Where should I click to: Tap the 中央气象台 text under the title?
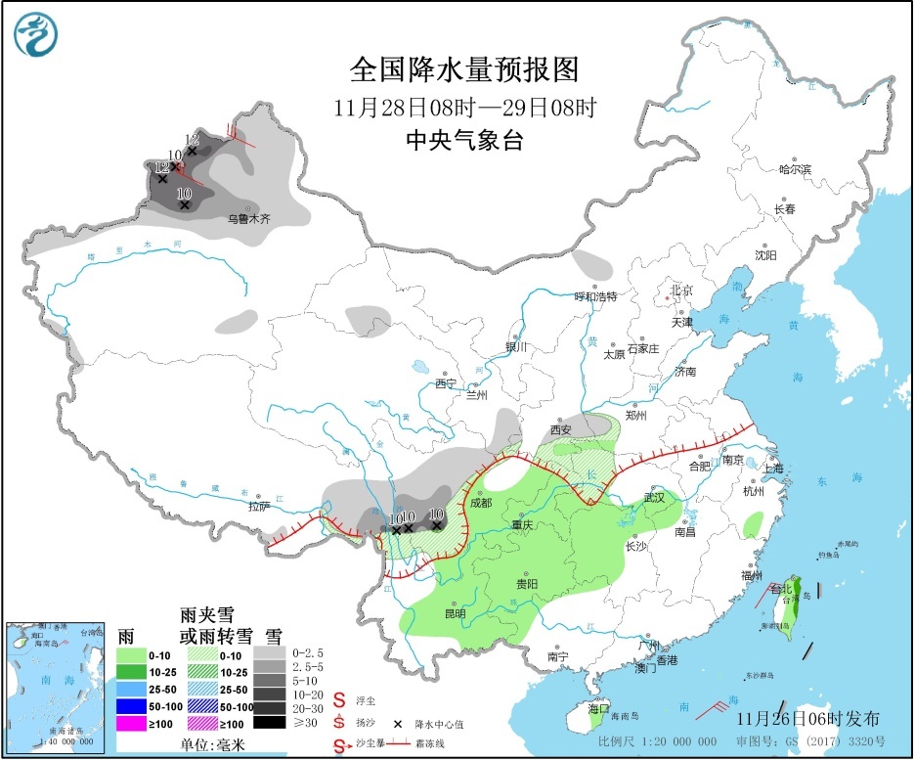(464, 140)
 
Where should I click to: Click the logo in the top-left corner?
(36, 35)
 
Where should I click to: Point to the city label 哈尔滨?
(794, 169)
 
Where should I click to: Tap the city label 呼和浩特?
(595, 296)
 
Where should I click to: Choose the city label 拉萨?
(257, 507)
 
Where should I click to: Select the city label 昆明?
(455, 613)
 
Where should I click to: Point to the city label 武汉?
(653, 498)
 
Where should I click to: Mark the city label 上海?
(772, 468)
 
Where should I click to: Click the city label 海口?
(598, 708)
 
